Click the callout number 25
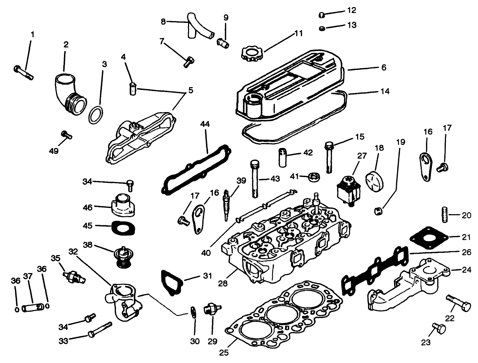coord(224,352)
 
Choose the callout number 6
coord(383,67)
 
